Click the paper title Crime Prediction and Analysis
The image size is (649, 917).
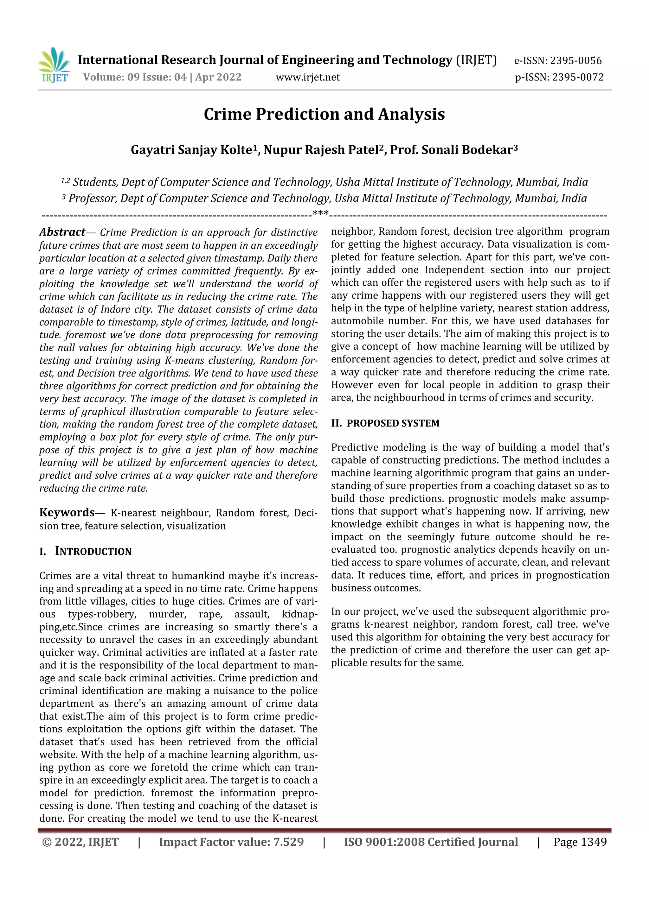(324, 114)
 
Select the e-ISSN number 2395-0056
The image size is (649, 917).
(575, 61)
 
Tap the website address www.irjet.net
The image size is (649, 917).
(308, 77)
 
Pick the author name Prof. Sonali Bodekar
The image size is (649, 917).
(451, 150)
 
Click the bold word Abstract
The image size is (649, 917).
(62, 232)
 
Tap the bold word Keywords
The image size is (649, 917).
(67, 512)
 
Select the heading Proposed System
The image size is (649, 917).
(393, 423)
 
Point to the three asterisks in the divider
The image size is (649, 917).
(320, 213)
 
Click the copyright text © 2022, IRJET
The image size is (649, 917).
(80, 842)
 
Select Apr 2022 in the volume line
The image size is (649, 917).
(218, 77)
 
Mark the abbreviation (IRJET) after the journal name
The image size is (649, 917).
(476, 60)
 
